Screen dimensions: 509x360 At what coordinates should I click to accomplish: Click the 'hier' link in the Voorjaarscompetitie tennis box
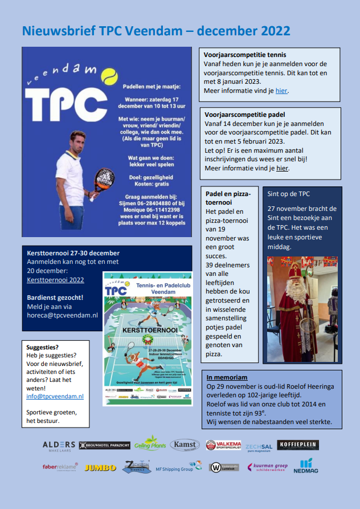(281, 91)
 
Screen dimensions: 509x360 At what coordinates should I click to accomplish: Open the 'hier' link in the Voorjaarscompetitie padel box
(283, 168)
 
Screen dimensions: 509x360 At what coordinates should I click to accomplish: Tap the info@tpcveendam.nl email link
(55, 396)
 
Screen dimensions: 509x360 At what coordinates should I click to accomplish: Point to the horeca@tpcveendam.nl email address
(62, 315)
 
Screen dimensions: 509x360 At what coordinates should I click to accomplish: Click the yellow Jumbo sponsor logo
(100, 467)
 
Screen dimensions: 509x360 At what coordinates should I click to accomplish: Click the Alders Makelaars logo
(59, 445)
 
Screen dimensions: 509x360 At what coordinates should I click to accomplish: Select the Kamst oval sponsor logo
(185, 445)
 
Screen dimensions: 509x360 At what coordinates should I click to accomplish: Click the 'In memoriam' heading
(227, 377)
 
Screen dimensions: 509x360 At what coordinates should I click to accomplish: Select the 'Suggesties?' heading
(43, 347)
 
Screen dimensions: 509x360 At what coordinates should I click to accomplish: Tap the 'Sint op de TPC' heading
(289, 193)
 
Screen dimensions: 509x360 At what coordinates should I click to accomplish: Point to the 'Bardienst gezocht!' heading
(55, 298)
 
